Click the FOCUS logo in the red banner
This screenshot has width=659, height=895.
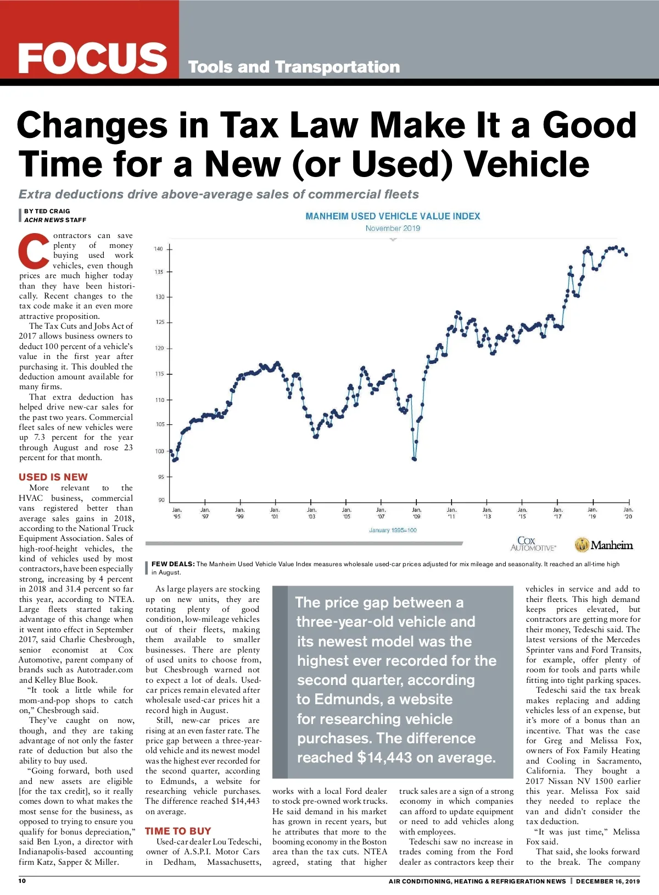click(x=92, y=58)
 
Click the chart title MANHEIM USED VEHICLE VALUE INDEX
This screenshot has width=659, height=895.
click(x=393, y=216)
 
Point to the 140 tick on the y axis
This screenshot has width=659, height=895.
click(x=159, y=249)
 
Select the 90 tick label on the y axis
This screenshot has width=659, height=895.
click(x=161, y=500)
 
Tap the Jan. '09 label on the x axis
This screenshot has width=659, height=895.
click(x=416, y=513)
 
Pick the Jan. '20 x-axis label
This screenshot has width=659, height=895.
click(x=628, y=513)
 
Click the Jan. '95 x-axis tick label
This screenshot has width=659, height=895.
click(x=177, y=513)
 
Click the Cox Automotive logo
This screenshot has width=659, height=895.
click(x=532, y=544)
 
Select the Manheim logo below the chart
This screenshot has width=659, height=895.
click(x=604, y=545)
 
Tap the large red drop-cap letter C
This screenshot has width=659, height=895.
click(x=34, y=252)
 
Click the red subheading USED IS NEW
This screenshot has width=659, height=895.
click(x=53, y=477)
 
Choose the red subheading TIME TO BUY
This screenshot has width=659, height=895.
click(x=178, y=831)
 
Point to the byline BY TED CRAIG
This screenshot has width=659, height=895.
click(x=47, y=211)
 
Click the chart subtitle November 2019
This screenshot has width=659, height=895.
click(x=393, y=228)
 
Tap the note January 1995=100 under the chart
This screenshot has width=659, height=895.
click(x=393, y=530)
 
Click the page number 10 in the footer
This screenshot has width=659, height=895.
click(x=22, y=881)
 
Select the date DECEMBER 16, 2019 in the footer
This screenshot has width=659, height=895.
click(x=608, y=881)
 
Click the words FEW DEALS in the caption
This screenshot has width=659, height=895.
click(x=173, y=563)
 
